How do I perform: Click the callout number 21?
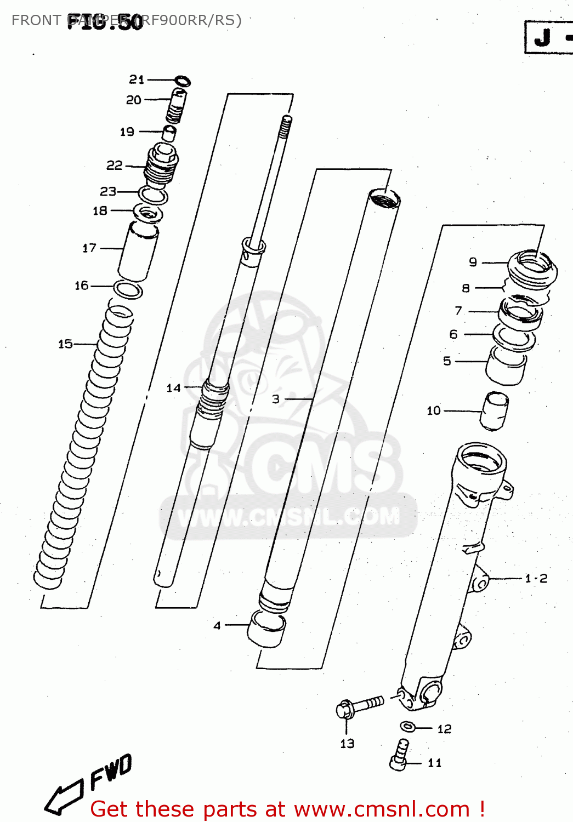tap(137, 80)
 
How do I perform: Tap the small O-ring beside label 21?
tap(183, 81)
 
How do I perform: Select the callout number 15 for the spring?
tap(65, 344)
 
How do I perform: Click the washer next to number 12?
tap(407, 727)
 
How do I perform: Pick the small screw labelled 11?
tap(400, 755)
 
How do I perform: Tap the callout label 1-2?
tap(536, 579)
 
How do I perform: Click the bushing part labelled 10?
tap(494, 410)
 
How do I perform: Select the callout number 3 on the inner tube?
tap(276, 399)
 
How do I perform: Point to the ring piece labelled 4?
tap(266, 629)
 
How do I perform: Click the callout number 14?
tap(173, 388)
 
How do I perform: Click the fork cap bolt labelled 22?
tap(161, 164)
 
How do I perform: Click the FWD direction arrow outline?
tap(64, 798)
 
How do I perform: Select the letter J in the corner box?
tap(542, 38)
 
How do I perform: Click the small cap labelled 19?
tap(169, 133)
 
